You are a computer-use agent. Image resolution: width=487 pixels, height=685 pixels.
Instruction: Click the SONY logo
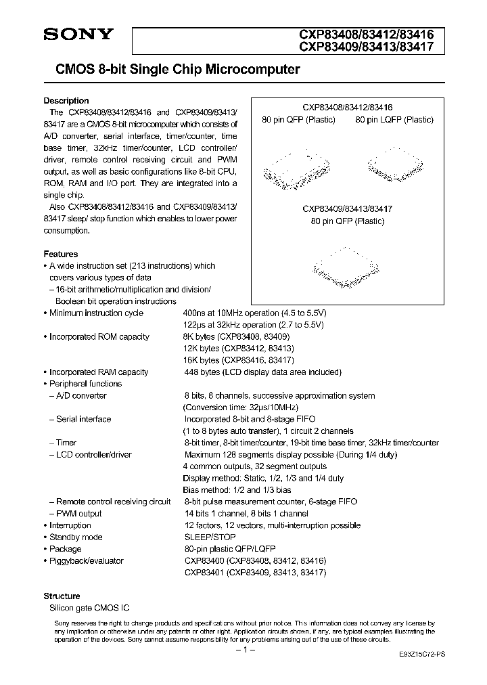pyautogui.click(x=79, y=35)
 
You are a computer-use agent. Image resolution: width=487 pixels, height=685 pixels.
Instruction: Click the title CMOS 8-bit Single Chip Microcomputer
pyautogui.click(x=172, y=70)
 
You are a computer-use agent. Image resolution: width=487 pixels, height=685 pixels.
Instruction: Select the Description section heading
pyautogui.click(x=66, y=101)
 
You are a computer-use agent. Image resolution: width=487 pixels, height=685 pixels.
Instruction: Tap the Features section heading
pyautogui.click(x=61, y=254)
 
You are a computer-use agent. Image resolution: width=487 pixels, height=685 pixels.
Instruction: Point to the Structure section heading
pyautogui.click(x=62, y=596)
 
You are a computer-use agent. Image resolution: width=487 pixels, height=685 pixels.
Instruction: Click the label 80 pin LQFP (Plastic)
pyautogui.click(x=395, y=120)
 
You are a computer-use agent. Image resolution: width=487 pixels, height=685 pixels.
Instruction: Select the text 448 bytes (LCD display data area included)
pyautogui.click(x=263, y=372)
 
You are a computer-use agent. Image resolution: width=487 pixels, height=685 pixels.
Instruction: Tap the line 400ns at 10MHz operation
pyautogui.click(x=255, y=313)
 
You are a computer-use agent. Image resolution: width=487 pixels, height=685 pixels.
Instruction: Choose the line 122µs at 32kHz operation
pyautogui.click(x=254, y=325)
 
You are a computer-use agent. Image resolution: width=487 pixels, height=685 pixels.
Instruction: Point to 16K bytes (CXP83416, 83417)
pyautogui.click(x=239, y=360)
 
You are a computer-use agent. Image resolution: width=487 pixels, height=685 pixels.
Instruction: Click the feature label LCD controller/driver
pyautogui.click(x=93, y=455)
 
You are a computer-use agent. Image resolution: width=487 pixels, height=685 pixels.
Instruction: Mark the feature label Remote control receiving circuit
pyautogui.click(x=113, y=502)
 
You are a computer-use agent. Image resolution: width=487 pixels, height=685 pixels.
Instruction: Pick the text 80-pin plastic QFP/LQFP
pyautogui.click(x=229, y=548)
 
